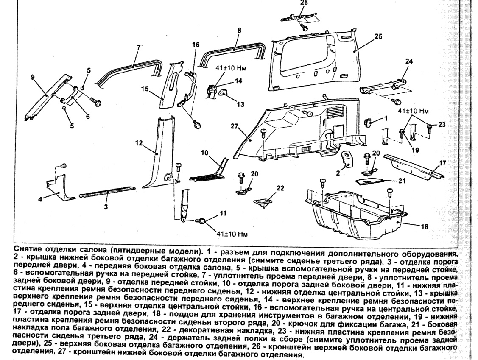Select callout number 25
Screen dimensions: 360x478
378,36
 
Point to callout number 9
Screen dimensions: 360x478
33,77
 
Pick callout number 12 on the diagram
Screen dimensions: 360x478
138,144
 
